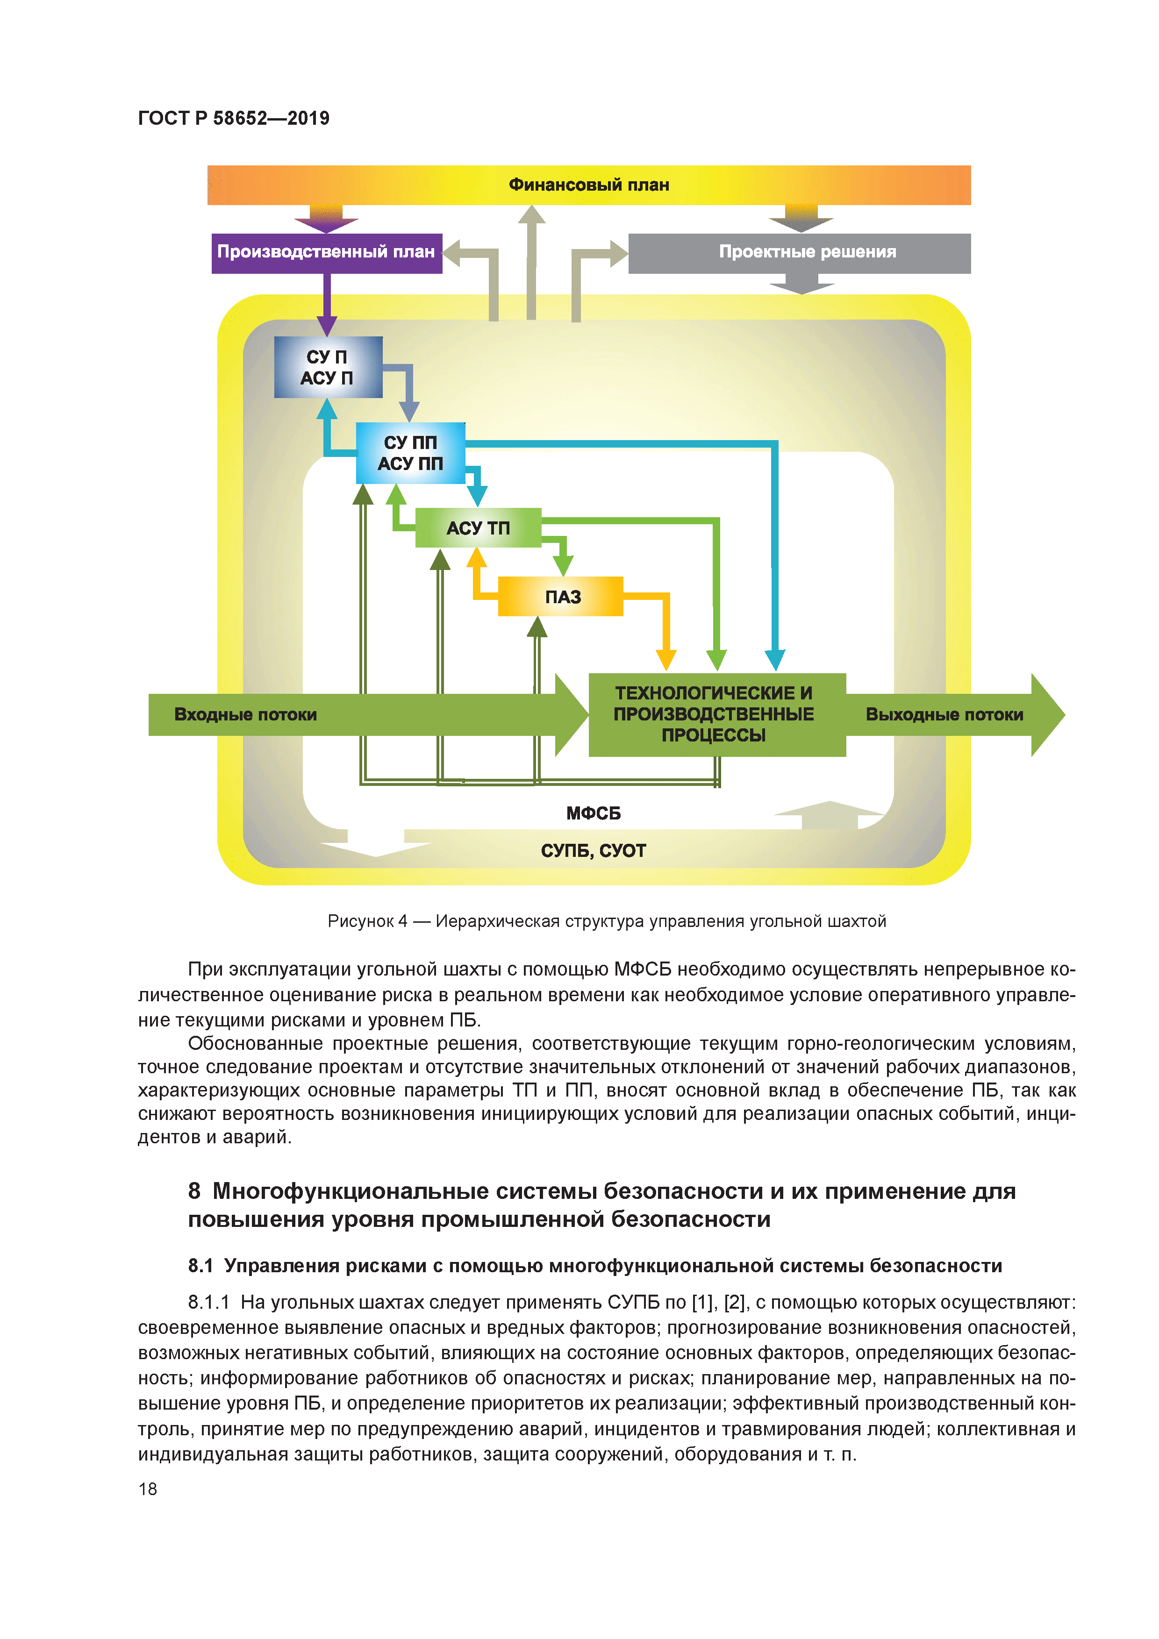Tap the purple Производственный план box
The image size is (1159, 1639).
pyautogui.click(x=326, y=252)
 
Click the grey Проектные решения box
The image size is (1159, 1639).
pyautogui.click(x=807, y=252)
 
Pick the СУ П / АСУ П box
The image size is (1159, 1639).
pyautogui.click(x=328, y=367)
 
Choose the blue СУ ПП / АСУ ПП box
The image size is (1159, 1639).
pyautogui.click(x=411, y=453)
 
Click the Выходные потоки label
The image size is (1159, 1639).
pyautogui.click(x=944, y=714)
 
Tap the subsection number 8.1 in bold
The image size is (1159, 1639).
pyautogui.click(x=200, y=1266)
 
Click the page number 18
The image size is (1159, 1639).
pyautogui.click(x=148, y=1489)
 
